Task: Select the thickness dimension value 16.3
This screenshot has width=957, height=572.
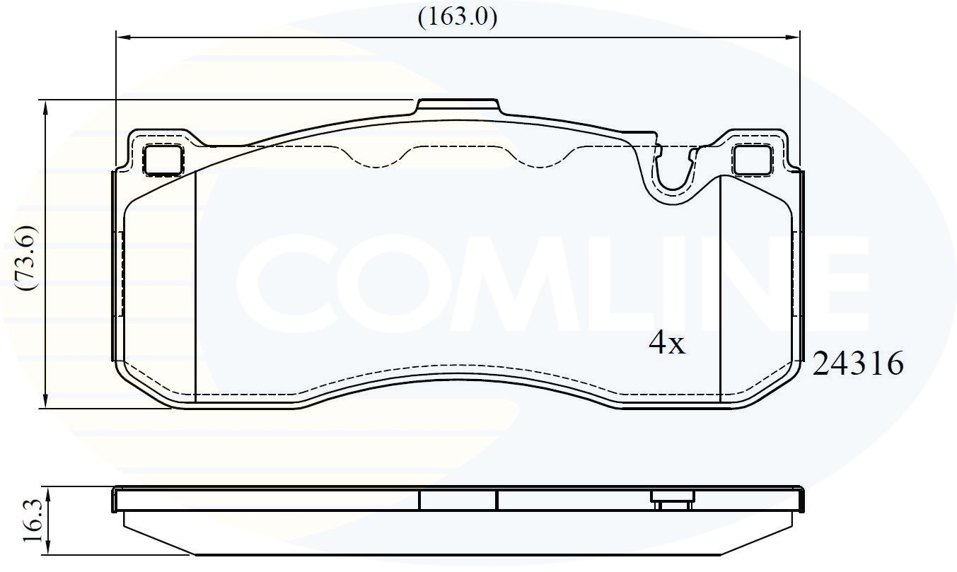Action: (x=33, y=520)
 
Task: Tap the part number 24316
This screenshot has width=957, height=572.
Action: (x=858, y=363)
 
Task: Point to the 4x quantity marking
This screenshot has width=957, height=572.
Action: (x=667, y=343)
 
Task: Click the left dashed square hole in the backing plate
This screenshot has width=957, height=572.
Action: (x=163, y=160)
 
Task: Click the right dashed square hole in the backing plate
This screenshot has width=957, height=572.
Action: (x=753, y=160)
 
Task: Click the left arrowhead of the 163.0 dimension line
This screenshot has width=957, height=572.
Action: (x=123, y=37)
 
